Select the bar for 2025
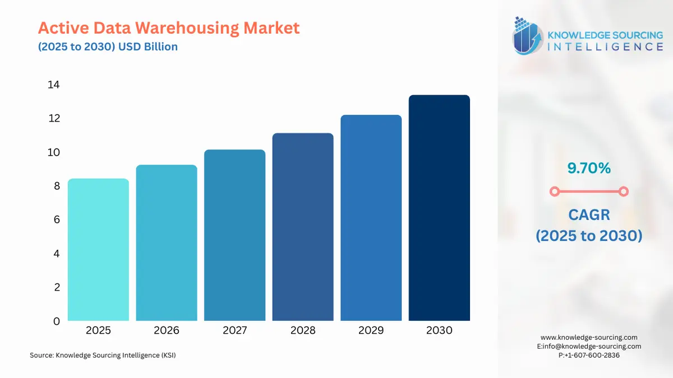(98, 250)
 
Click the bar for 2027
(234, 235)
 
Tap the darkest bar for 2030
(439, 208)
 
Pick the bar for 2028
(303, 227)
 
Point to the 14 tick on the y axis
(53, 85)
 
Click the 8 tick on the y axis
(56, 186)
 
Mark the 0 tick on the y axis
(56, 321)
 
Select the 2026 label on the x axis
(167, 330)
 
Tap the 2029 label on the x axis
(371, 330)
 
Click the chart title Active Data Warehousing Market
(169, 27)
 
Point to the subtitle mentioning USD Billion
(108, 46)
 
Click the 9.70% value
(588, 167)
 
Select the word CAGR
(588, 214)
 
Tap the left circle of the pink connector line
(554, 192)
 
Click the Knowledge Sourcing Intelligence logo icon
(528, 36)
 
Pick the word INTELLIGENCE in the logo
(605, 46)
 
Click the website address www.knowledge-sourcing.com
(589, 337)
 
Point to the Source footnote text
(103, 355)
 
